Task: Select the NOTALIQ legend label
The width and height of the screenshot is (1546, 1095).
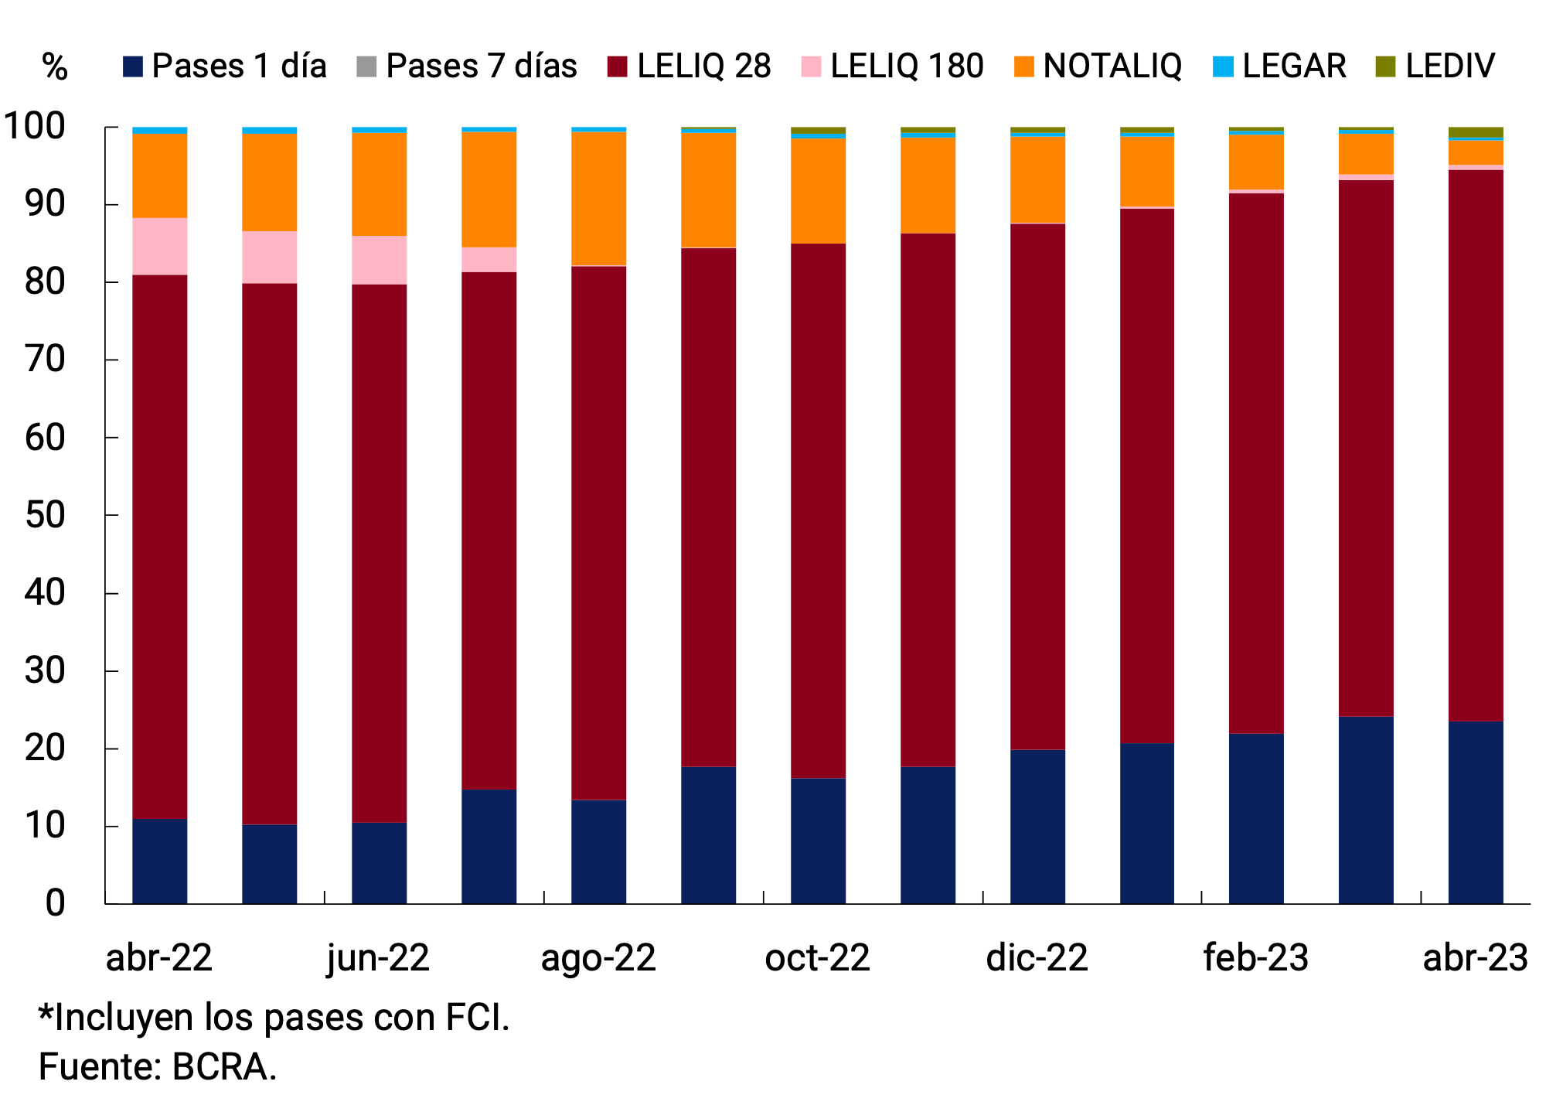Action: click(x=1112, y=67)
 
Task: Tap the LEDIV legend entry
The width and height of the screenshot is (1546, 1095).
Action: click(x=1449, y=67)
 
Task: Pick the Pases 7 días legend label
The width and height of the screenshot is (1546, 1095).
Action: click(x=481, y=67)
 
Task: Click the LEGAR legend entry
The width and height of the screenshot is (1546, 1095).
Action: click(x=1293, y=67)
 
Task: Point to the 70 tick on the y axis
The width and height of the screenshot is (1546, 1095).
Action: click(x=45, y=360)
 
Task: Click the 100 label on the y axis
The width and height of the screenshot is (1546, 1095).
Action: click(x=35, y=126)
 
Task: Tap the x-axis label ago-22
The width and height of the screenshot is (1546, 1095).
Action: click(x=598, y=958)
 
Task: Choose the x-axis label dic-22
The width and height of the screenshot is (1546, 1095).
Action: click(x=1037, y=958)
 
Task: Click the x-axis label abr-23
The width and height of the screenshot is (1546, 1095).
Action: click(x=1475, y=958)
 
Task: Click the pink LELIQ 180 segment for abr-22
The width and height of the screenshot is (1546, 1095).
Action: click(x=160, y=246)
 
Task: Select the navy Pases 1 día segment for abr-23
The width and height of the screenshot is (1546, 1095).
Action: click(x=1475, y=812)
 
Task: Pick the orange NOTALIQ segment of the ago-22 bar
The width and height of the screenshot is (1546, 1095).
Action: click(x=598, y=199)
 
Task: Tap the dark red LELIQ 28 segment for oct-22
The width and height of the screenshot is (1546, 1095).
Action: click(x=818, y=510)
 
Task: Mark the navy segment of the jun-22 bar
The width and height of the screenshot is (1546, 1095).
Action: click(x=379, y=862)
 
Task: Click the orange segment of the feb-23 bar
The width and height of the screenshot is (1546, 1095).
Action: click(x=1256, y=162)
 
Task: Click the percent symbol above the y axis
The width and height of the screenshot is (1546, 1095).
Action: click(x=54, y=67)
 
